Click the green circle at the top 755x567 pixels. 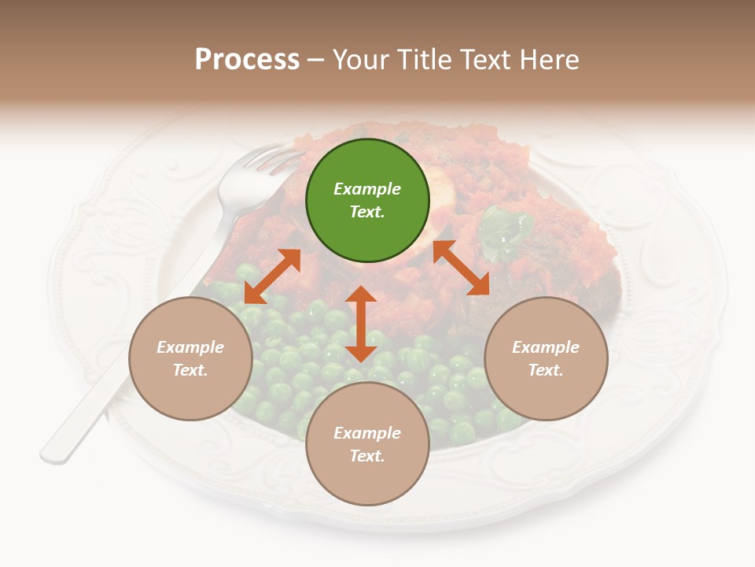pyautogui.click(x=367, y=200)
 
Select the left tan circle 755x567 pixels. pyautogui.click(x=190, y=358)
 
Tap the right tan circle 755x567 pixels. pyautogui.click(x=546, y=358)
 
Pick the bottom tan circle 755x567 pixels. pyautogui.click(x=367, y=444)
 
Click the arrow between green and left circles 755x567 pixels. pyautogui.click(x=272, y=276)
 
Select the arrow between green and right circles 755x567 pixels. pyautogui.click(x=461, y=268)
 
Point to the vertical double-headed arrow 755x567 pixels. pyautogui.click(x=361, y=324)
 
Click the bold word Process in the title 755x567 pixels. pyautogui.click(x=247, y=60)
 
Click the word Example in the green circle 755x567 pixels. pyautogui.click(x=367, y=189)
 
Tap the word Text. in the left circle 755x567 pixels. pyautogui.click(x=190, y=370)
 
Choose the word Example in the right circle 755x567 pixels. pyautogui.click(x=546, y=347)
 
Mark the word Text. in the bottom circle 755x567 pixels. pyautogui.click(x=367, y=456)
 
